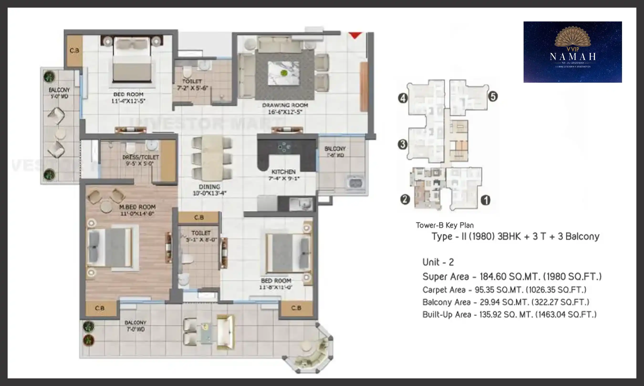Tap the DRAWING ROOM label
(285, 105)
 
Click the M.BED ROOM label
(137, 207)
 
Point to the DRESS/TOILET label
(140, 157)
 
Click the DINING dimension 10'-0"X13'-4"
(210, 193)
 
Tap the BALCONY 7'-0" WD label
(135, 326)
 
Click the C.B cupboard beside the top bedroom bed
(74, 51)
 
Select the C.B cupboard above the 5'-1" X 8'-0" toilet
(199, 218)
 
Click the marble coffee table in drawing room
(284, 73)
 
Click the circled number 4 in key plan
(403, 98)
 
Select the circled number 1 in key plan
(485, 200)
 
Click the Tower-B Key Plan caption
(445, 225)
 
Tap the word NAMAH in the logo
(573, 56)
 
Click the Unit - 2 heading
(438, 262)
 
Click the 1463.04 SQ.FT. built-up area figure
(566, 315)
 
